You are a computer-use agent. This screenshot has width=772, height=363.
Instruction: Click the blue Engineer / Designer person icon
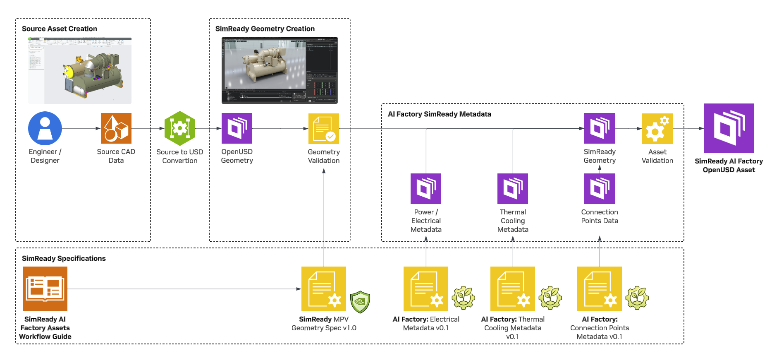pos(45,128)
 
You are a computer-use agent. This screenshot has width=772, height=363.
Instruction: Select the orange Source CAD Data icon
pos(116,128)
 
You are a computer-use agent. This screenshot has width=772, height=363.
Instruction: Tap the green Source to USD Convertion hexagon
pos(180,128)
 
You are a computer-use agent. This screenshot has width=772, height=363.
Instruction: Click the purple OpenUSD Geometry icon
pos(237,128)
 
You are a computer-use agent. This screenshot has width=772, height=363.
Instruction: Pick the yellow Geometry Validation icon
pos(324,129)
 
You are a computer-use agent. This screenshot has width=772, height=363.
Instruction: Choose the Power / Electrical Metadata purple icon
pos(426,189)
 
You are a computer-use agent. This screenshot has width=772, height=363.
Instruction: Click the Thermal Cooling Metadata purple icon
pos(513,189)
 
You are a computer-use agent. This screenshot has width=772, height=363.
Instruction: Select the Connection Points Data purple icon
pos(600,189)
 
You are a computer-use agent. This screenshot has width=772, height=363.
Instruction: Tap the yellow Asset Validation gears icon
pos(657,129)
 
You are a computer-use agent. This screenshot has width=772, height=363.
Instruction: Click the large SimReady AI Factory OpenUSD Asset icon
pos(729,128)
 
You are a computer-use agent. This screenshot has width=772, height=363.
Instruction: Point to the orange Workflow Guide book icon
pos(45,289)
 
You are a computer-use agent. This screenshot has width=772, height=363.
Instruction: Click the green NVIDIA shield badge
pos(360,302)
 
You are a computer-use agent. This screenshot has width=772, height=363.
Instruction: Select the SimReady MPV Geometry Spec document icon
pos(324,289)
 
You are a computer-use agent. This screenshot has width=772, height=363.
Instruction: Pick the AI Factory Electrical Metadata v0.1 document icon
pos(426,289)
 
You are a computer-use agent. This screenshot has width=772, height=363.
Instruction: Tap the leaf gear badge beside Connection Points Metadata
pos(637,298)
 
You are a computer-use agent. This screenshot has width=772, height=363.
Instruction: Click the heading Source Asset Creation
pos(60,29)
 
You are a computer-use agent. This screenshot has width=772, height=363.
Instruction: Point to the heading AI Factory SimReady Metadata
pos(440,114)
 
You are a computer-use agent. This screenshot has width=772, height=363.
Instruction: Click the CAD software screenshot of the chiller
pos(80,70)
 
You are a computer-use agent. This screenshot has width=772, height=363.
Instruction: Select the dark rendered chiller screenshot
pos(280,70)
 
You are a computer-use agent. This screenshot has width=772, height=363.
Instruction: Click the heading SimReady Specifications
pos(64,258)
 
